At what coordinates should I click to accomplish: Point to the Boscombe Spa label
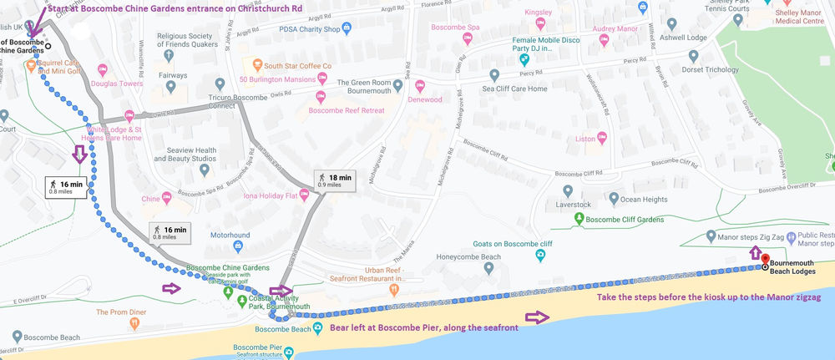[454, 28]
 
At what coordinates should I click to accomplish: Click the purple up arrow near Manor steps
[755, 252]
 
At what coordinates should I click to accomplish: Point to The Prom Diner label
[121, 312]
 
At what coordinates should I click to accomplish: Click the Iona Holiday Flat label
[264, 195]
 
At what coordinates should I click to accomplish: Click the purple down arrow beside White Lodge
[81, 154]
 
